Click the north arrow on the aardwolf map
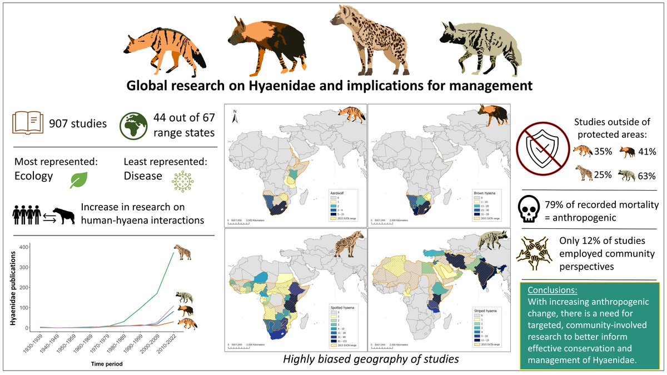pos(235,115)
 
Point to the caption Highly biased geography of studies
pos(371,359)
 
